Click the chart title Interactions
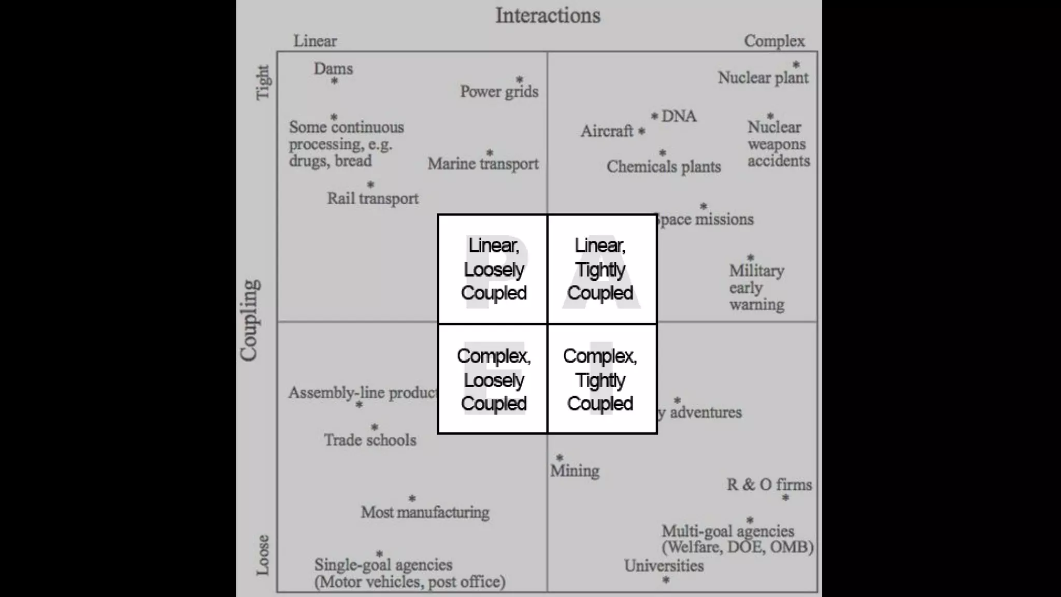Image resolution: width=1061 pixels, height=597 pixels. [x=548, y=16]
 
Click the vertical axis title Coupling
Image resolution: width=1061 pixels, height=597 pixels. [x=249, y=320]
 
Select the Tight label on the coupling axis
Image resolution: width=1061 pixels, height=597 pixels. [x=263, y=82]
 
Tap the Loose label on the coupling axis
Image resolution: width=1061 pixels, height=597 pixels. [x=263, y=555]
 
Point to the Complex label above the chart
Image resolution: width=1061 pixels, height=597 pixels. [x=774, y=41]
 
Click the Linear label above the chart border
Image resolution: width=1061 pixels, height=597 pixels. [x=315, y=41]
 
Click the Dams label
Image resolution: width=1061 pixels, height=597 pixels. [x=333, y=68]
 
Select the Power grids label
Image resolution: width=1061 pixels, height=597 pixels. [x=499, y=92]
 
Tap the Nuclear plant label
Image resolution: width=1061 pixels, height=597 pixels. [x=763, y=78]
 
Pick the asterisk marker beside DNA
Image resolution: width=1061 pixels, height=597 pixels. [x=654, y=116]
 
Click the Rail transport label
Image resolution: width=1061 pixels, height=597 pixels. [x=372, y=198]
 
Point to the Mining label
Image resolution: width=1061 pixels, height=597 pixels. [x=575, y=471]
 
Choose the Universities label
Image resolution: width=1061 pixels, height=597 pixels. [x=664, y=565]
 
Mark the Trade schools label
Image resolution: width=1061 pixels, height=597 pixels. [x=370, y=440]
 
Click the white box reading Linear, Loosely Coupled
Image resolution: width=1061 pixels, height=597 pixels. [x=493, y=269]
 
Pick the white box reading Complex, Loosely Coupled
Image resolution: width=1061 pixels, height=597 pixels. [x=493, y=379]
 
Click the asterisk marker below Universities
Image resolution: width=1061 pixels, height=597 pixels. [x=666, y=580]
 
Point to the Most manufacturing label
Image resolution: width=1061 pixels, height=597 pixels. [x=425, y=512]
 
